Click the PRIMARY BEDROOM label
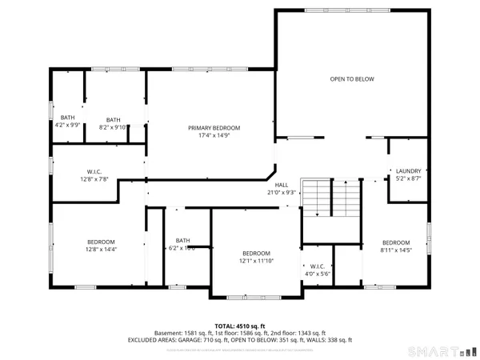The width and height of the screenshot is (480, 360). pyautogui.click(x=214, y=128)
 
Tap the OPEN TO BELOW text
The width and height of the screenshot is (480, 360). pyautogui.click(x=352, y=79)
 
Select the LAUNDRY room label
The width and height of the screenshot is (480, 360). pyautogui.click(x=409, y=170)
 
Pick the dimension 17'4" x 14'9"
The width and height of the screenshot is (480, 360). pyautogui.click(x=214, y=136)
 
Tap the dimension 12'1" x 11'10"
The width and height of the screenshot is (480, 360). pyautogui.click(x=257, y=261)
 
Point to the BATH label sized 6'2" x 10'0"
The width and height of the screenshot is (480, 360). pyautogui.click(x=183, y=240)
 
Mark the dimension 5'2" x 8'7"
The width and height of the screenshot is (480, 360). pyautogui.click(x=409, y=178)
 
